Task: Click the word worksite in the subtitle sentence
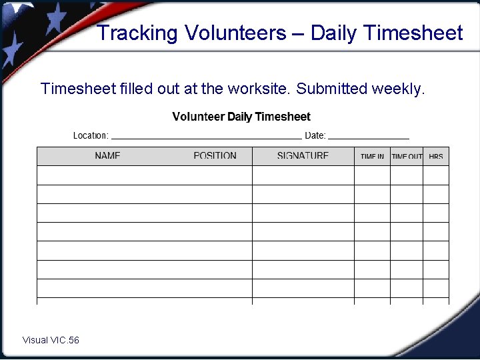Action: [258, 89]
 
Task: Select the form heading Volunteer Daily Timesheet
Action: [241, 117]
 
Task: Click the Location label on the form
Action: [91, 135]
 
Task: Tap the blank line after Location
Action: [206, 137]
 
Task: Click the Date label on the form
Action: [315, 135]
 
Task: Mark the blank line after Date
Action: [369, 137]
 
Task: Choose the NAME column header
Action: [107, 156]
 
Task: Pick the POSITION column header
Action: [215, 156]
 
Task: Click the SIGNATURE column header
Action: [303, 156]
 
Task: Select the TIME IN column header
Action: [372, 157]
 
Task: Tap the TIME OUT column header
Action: [407, 157]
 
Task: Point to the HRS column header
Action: [436, 157]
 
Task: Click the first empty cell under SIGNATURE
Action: [303, 175]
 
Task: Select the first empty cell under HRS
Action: [436, 175]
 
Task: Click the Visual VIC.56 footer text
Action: [51, 340]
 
